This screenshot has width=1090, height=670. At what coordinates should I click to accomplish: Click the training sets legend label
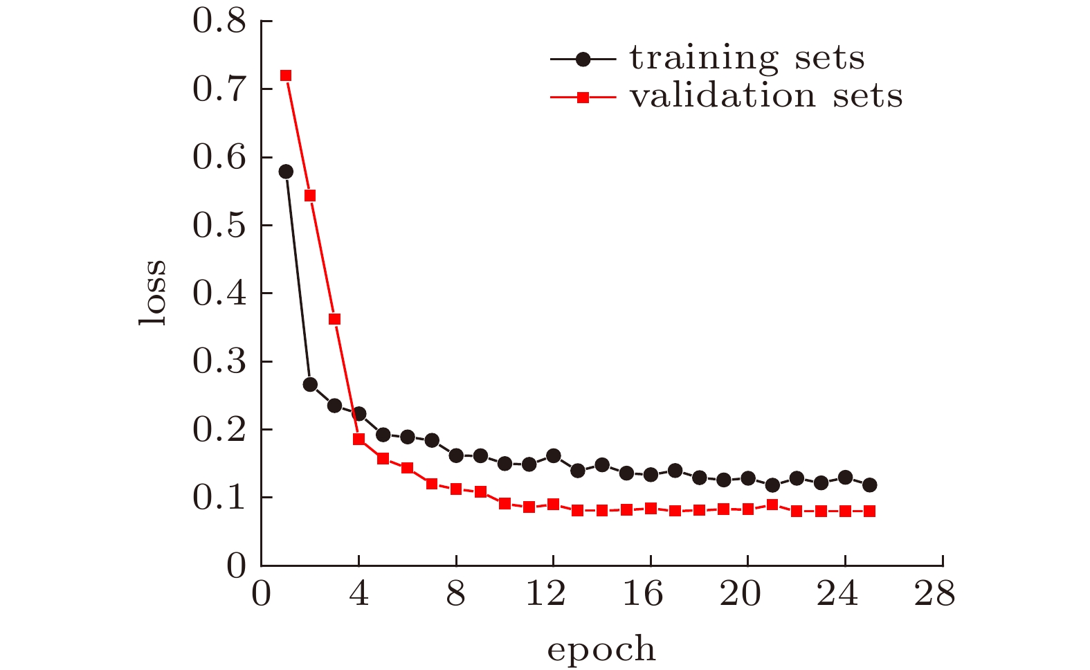(x=747, y=59)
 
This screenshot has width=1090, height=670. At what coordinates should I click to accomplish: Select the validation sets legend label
(x=766, y=96)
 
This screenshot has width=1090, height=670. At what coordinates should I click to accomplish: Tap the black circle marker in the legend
(x=583, y=60)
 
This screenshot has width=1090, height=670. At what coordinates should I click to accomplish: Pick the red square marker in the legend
(x=583, y=98)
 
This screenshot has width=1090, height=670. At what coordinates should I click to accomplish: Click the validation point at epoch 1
(x=285, y=75)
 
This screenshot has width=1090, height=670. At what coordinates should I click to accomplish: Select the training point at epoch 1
(x=286, y=172)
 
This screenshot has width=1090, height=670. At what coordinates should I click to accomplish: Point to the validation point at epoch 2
(x=310, y=196)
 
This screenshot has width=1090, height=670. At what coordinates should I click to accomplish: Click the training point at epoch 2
(x=310, y=384)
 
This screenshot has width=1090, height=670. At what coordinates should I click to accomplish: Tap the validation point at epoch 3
(x=334, y=319)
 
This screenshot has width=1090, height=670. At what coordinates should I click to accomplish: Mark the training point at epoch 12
(x=553, y=455)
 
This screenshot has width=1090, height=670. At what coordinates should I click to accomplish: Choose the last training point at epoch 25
(x=869, y=485)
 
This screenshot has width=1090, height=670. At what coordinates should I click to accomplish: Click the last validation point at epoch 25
(x=869, y=511)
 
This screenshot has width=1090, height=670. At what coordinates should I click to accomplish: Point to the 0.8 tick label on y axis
(x=219, y=21)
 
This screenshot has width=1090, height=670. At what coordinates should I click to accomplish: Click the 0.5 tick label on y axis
(x=219, y=226)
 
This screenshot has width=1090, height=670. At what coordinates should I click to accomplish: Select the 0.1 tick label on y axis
(x=219, y=498)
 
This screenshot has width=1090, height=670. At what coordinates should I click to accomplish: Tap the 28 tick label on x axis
(x=934, y=595)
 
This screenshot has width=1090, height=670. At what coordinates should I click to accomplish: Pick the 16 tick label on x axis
(x=643, y=595)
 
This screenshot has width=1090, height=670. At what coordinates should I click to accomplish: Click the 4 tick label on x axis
(x=358, y=595)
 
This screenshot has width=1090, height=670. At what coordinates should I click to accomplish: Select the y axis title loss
(x=154, y=293)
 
